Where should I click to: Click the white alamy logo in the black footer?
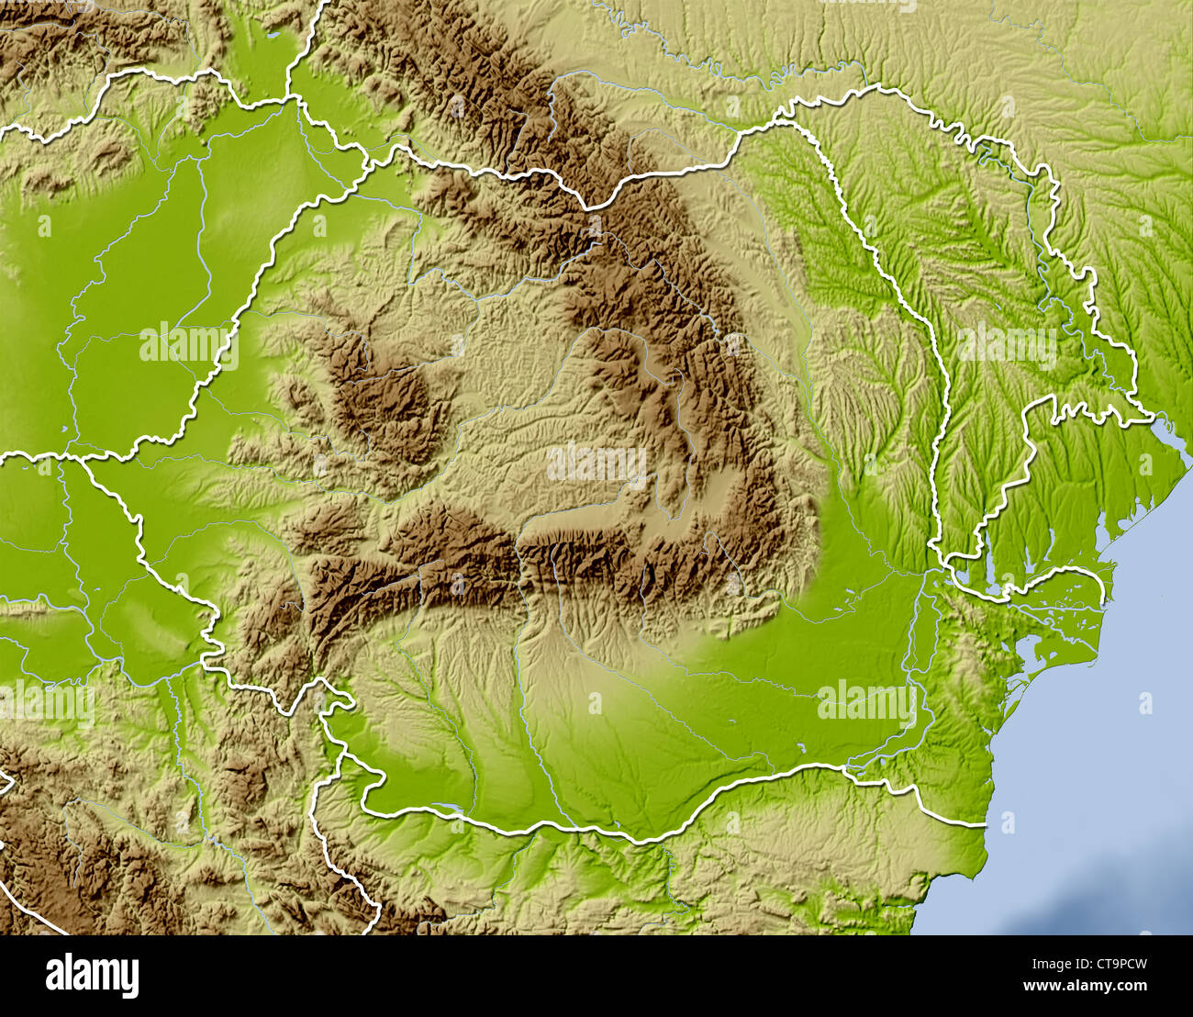pos(92,975)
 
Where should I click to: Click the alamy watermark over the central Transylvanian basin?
pos(596,464)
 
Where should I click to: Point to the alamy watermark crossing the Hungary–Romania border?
pos(189,345)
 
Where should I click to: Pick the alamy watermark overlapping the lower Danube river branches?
pos(866,703)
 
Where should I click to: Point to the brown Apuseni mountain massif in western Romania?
pos(385,395)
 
